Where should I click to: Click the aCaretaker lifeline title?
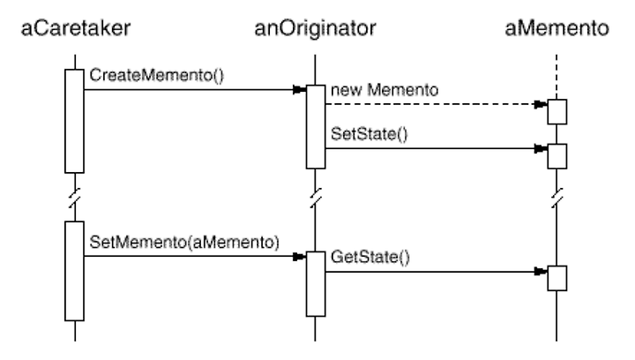pyautogui.click(x=76, y=28)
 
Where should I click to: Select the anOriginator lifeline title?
pyautogui.click(x=315, y=28)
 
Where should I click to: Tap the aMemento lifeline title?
pyautogui.click(x=557, y=28)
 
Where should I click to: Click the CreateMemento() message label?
pyautogui.click(x=156, y=75)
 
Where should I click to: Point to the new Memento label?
pyautogui.click(x=385, y=90)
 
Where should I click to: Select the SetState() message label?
pyautogui.click(x=370, y=134)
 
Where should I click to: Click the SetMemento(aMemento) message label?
pyautogui.click(x=184, y=242)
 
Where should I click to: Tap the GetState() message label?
pyautogui.click(x=370, y=257)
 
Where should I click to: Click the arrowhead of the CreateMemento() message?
pyautogui.click(x=299, y=89)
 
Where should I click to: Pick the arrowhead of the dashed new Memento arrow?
pyautogui.click(x=541, y=104)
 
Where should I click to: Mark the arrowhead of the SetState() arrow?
pyautogui.click(x=541, y=148)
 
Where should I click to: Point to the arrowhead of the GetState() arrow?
pyautogui.click(x=541, y=271)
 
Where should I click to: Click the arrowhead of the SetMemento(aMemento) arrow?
pyautogui.click(x=299, y=257)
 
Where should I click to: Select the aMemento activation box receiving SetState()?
pyautogui.click(x=557, y=156)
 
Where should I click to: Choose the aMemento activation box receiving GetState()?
pyautogui.click(x=557, y=278)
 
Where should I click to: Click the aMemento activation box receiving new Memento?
pyautogui.click(x=557, y=112)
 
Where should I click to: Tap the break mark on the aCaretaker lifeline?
pyautogui.click(x=75, y=198)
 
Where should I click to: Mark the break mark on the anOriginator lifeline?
pyautogui.click(x=316, y=198)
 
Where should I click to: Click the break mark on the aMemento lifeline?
pyautogui.click(x=557, y=198)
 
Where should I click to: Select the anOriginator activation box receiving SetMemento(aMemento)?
pyautogui.click(x=316, y=284)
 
